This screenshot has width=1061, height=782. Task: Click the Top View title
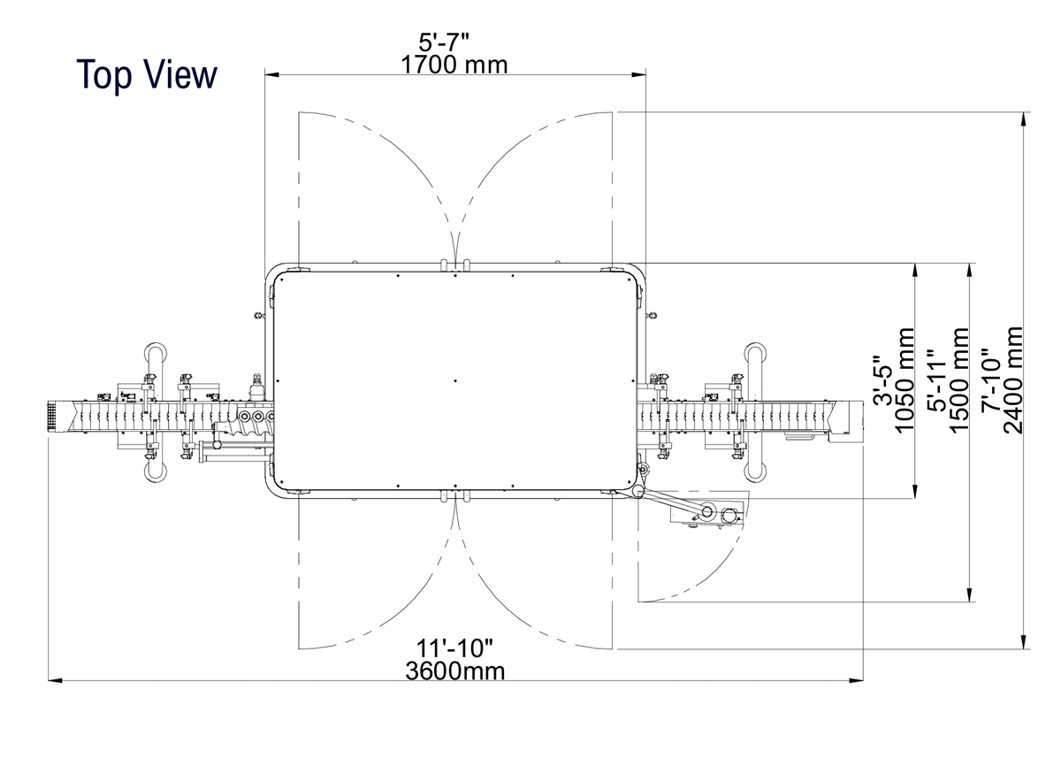click(147, 75)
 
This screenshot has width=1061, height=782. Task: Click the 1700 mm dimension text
click(454, 65)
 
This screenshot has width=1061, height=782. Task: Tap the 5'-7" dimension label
click(443, 42)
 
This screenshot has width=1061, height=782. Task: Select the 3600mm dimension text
click(455, 671)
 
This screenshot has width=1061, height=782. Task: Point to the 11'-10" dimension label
click(454, 648)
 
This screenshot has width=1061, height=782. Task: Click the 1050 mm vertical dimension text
click(905, 380)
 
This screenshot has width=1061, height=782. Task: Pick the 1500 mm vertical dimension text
click(959, 380)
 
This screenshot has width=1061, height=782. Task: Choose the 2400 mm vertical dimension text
click(1013, 380)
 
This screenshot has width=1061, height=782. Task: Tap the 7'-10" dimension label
click(991, 381)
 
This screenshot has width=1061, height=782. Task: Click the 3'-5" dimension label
click(882, 380)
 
